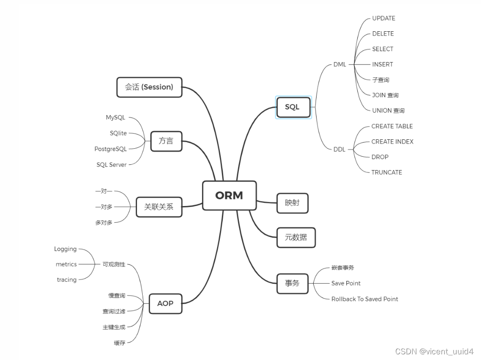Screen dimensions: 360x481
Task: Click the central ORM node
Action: click(229, 195)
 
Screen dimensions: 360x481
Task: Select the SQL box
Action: click(292, 107)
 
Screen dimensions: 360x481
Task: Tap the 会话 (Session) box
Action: click(149, 87)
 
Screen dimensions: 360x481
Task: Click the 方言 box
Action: click(166, 141)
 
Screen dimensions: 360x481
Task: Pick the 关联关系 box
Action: click(159, 207)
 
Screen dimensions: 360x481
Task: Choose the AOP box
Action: click(165, 304)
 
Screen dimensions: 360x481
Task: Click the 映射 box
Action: click(292, 203)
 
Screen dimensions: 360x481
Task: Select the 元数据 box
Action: click(296, 237)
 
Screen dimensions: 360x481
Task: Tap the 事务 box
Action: click(292, 283)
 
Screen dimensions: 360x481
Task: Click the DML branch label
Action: click(340, 64)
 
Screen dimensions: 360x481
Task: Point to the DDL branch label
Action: click(339, 149)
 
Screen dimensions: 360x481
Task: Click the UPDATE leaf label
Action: click(383, 18)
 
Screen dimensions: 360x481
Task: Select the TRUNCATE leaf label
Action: click(387, 172)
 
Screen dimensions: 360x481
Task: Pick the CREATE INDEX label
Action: click(392, 142)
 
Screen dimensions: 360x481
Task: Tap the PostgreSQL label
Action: click(110, 149)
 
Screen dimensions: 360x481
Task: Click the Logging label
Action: click(65, 249)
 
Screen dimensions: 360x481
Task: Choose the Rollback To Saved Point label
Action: click(364, 299)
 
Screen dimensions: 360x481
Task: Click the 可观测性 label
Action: click(114, 264)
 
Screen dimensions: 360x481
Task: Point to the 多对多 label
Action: click(104, 223)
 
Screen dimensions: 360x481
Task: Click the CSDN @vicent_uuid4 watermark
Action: click(434, 351)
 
